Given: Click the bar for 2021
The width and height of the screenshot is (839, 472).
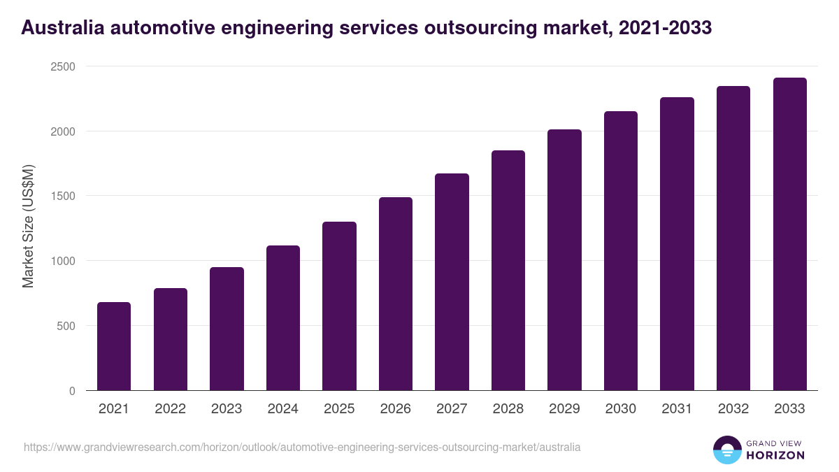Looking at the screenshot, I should pyautogui.click(x=114, y=346).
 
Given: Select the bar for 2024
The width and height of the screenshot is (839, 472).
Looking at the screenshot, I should pyautogui.click(x=283, y=318).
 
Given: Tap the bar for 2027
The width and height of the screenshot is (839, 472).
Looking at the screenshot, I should pyautogui.click(x=452, y=282).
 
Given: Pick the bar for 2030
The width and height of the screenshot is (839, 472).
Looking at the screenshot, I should pyautogui.click(x=621, y=251).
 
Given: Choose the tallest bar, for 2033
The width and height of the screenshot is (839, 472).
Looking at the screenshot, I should pyautogui.click(x=789, y=234).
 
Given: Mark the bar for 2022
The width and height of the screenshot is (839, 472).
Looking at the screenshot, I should pyautogui.click(x=171, y=339).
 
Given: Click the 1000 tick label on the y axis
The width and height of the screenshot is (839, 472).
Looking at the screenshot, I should pyautogui.click(x=62, y=261).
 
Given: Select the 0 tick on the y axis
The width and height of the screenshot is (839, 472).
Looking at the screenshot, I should pyautogui.click(x=72, y=391).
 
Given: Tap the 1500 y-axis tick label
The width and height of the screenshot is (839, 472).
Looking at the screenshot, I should pyautogui.click(x=62, y=196).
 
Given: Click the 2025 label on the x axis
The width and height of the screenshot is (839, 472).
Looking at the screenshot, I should pyautogui.click(x=339, y=409).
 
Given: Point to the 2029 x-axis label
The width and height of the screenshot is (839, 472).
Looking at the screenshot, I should pyautogui.click(x=564, y=409).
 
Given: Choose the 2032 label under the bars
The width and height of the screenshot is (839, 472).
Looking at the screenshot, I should pyautogui.click(x=733, y=409).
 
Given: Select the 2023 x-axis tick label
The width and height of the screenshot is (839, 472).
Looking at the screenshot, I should pyautogui.click(x=227, y=409).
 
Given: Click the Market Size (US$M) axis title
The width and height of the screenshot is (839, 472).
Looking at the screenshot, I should pyautogui.click(x=28, y=226).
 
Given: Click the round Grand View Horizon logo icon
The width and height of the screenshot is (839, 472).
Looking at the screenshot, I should pyautogui.click(x=727, y=450).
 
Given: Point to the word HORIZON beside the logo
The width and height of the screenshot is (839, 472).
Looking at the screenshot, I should pyautogui.click(x=775, y=455).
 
